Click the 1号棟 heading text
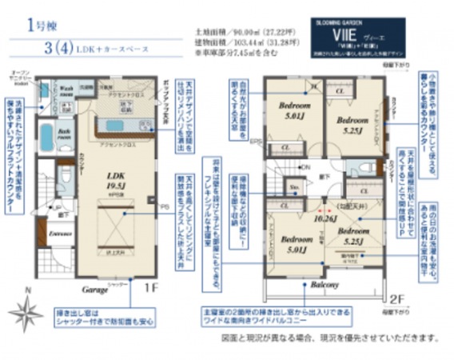pos(38,25)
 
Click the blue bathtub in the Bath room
pos(46,139)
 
